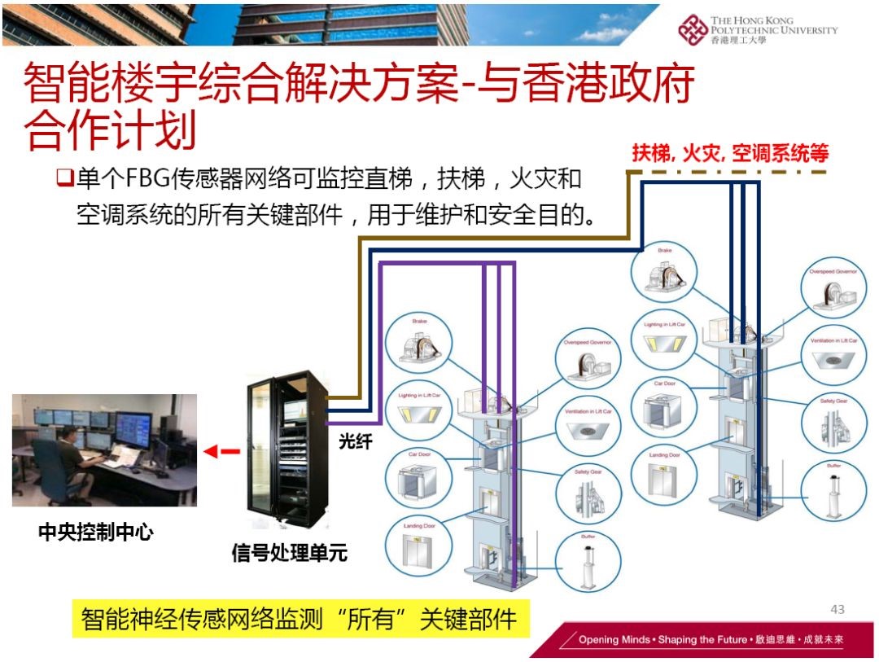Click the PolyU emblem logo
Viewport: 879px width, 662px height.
tap(693, 30)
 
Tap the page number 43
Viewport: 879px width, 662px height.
tap(837, 609)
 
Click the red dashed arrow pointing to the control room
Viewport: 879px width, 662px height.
tap(221, 451)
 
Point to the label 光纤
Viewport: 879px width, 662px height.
tap(355, 442)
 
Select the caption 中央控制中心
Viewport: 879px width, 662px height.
tap(96, 533)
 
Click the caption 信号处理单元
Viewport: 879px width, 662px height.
tap(290, 555)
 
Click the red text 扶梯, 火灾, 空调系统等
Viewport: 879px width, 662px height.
tap(730, 154)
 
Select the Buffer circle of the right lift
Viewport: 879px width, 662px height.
tap(833, 491)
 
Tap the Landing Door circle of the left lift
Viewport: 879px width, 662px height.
tap(419, 545)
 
